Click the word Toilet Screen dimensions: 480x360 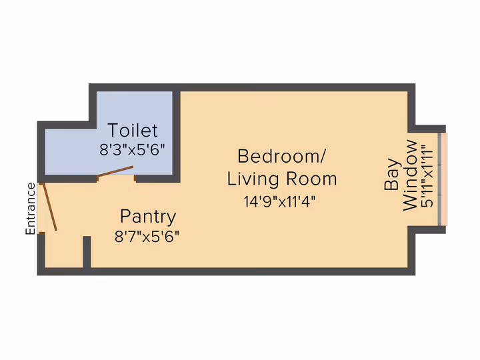pyautogui.click(x=133, y=130)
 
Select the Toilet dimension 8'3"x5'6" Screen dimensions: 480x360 pyautogui.click(x=132, y=150)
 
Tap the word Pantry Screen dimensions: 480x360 pyautogui.click(x=148, y=217)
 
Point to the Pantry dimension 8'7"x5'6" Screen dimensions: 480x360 pyautogui.click(x=147, y=237)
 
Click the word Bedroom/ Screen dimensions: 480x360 pyautogui.click(x=282, y=156)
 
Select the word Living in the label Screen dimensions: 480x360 pyautogui.click(x=253, y=179)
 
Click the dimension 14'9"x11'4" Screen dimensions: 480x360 pyautogui.click(x=279, y=202)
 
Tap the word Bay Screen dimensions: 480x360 pyautogui.click(x=393, y=175)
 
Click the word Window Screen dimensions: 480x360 pyautogui.click(x=410, y=175)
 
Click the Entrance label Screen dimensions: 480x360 pyautogui.click(x=30, y=209)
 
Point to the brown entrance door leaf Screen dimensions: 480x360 pyautogui.click(x=49, y=207)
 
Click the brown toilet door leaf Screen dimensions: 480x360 pyautogui.click(x=115, y=171)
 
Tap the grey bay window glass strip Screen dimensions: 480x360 pyautogui.click(x=439, y=179)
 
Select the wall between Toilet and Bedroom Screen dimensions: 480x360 pyautogui.click(x=176, y=137)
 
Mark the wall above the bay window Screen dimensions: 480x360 pyautogui.click(x=427, y=129)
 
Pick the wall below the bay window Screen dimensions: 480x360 pyautogui.click(x=427, y=229)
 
